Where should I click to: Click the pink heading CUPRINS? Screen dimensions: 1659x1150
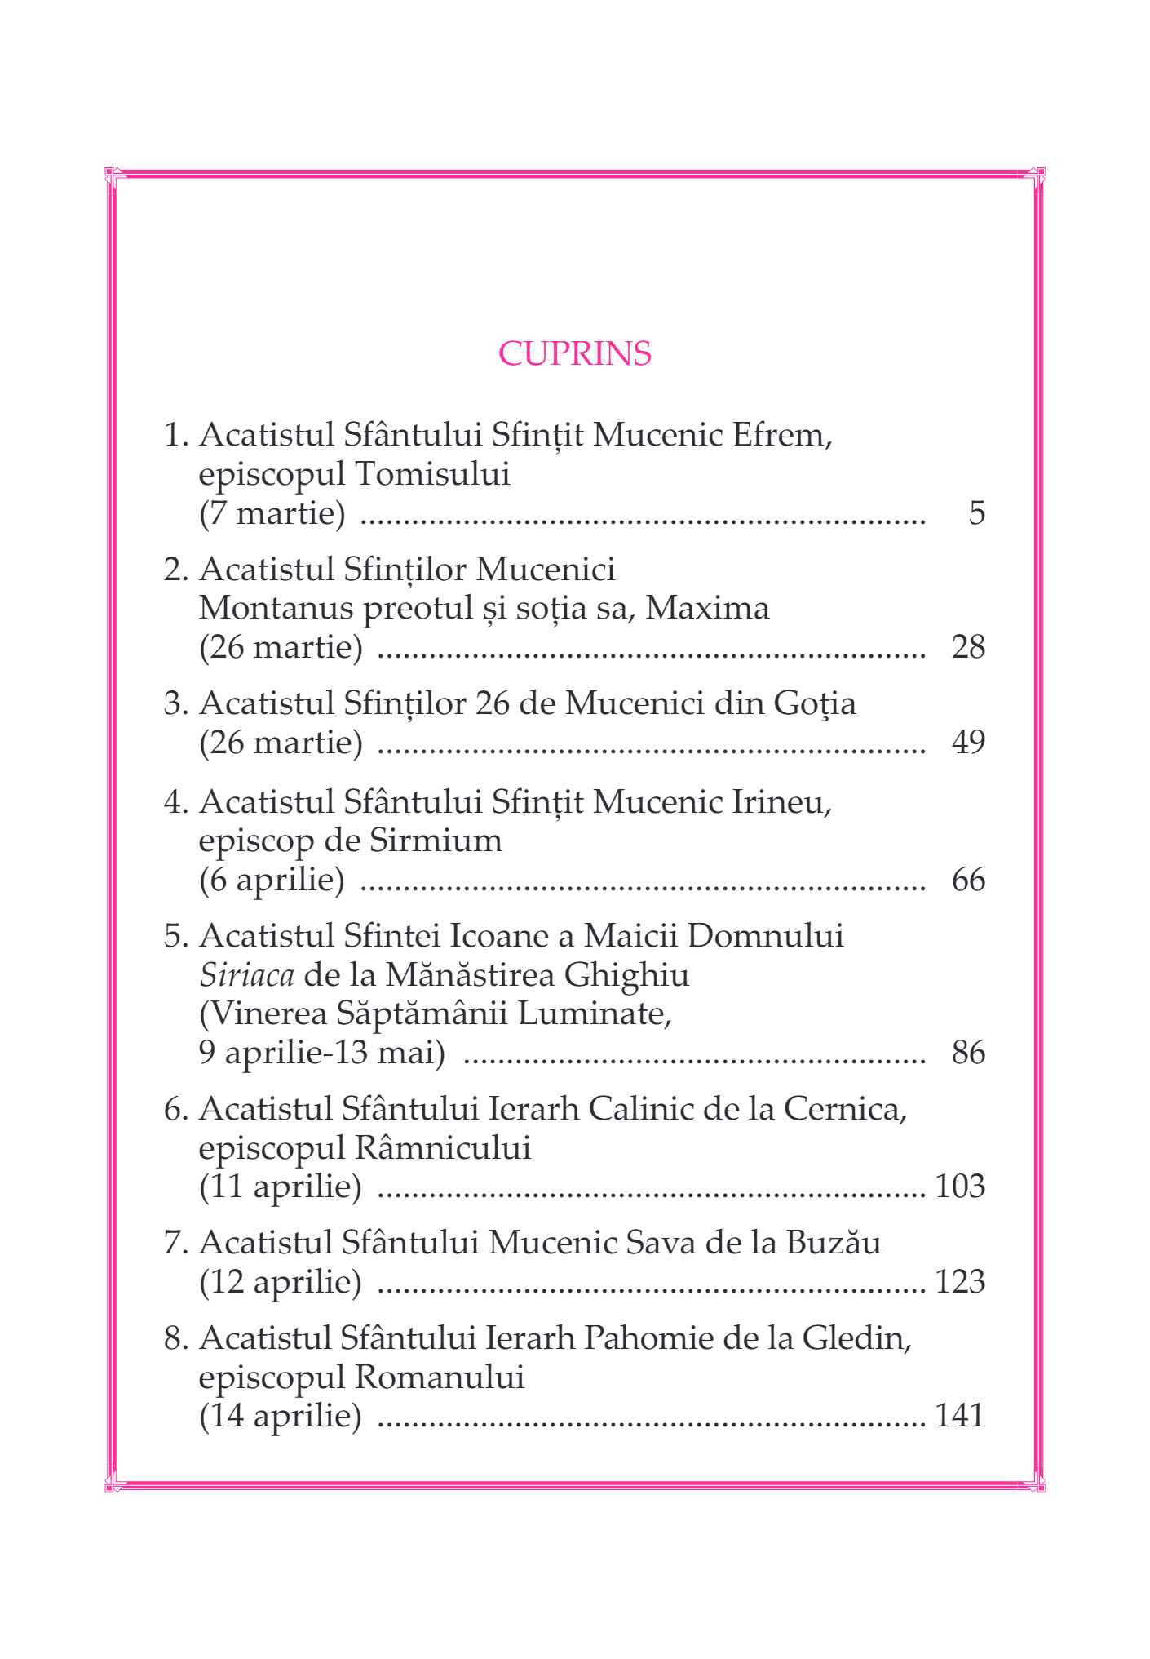click(x=574, y=353)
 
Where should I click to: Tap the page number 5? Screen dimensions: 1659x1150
click(x=976, y=513)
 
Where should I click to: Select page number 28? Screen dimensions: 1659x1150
click(x=968, y=647)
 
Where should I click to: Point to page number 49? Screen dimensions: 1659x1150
click(x=968, y=743)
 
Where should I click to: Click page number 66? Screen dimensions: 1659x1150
click(x=968, y=881)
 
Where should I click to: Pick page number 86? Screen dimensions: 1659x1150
click(x=968, y=1054)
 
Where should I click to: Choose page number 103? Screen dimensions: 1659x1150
click(x=960, y=1187)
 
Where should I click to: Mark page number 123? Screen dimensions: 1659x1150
click(x=960, y=1282)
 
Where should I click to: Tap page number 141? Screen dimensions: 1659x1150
click(x=960, y=1416)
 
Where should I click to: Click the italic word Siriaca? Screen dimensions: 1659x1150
click(x=246, y=975)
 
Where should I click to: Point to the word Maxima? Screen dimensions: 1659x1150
click(x=707, y=609)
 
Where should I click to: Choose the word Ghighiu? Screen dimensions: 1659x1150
click(x=626, y=975)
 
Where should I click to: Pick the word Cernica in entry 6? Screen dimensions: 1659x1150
click(x=843, y=1109)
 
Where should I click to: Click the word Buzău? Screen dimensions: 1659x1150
click(x=833, y=1243)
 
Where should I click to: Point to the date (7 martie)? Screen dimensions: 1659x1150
click(x=272, y=513)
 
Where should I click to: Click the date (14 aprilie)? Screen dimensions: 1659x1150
click(x=281, y=1416)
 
